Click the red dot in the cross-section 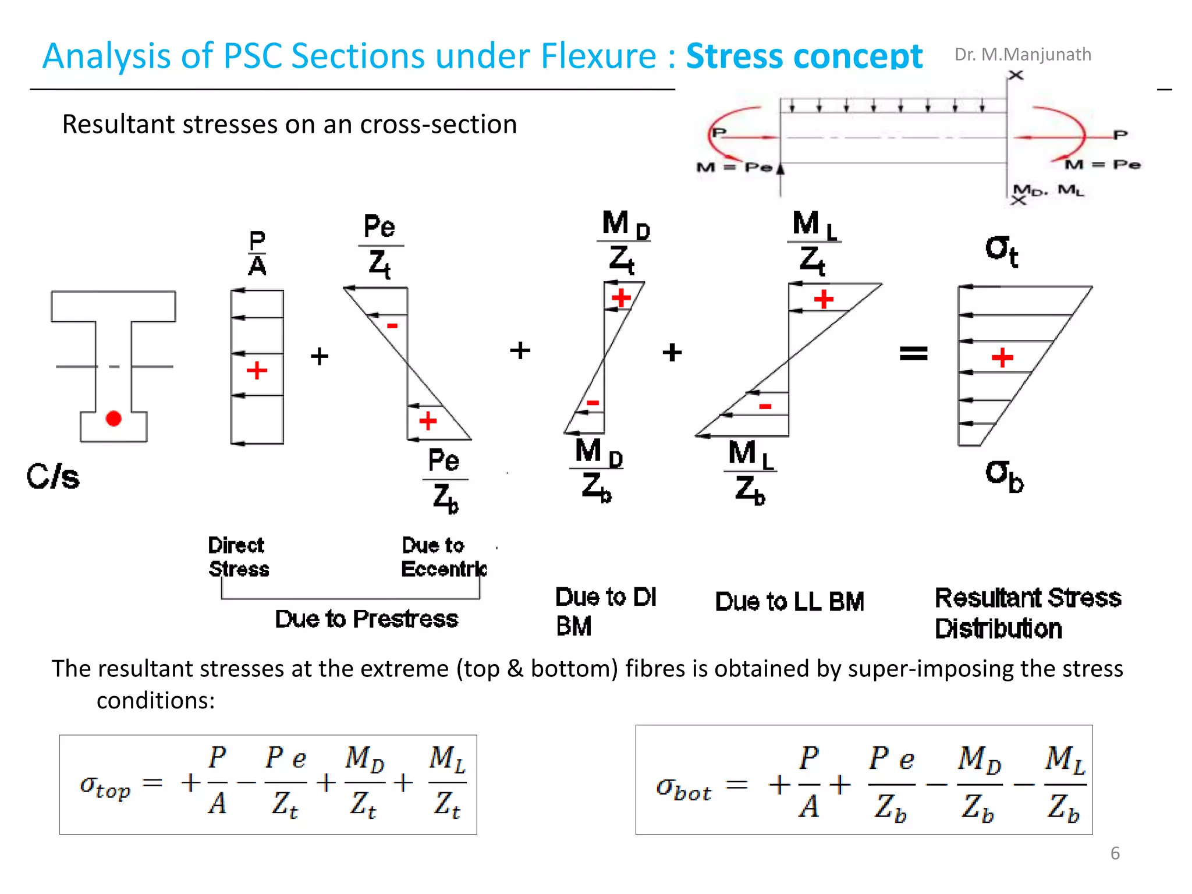click(113, 418)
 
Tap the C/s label click(53, 477)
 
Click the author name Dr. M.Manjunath click(1023, 54)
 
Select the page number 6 click(1115, 853)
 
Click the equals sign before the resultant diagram click(913, 353)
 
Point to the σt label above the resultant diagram click(1001, 251)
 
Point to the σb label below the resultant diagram click(1004, 476)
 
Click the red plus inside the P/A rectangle click(257, 370)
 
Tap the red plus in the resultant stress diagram click(1002, 357)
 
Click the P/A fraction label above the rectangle click(257, 254)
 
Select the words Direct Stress click(239, 557)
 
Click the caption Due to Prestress click(366, 619)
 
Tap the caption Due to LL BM click(789, 601)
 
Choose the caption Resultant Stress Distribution click(1027, 613)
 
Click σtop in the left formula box click(105, 786)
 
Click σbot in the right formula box click(683, 789)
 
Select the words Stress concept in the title click(804, 56)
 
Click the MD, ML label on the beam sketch click(1048, 190)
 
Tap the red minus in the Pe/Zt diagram click(392, 326)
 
